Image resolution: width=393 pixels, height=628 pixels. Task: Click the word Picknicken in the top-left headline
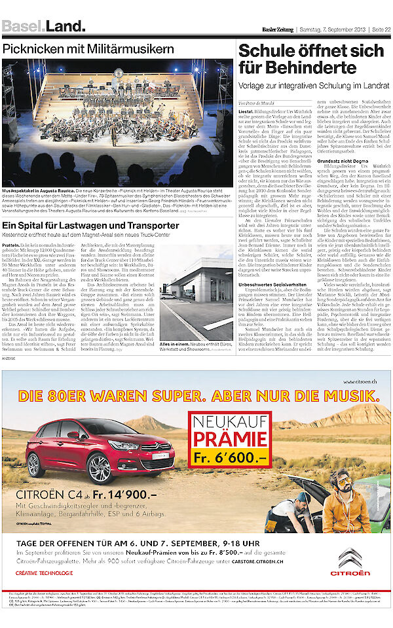tap(33, 49)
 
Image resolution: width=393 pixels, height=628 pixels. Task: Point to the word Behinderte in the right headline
tap(288, 67)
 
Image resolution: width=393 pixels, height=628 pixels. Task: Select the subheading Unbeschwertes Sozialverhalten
tap(271, 284)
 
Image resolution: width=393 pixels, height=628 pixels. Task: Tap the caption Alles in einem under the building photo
tap(172, 343)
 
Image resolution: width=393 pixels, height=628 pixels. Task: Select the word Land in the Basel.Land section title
tap(65, 27)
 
